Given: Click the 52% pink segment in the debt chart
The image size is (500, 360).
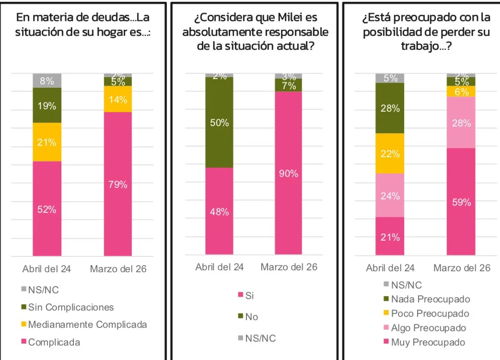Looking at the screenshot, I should pyautogui.click(x=47, y=209).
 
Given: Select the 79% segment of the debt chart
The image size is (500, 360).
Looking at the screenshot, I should pyautogui.click(x=118, y=184).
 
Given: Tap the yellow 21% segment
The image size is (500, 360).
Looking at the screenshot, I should pyautogui.click(x=47, y=142).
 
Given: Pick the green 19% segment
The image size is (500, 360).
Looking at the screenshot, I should pyautogui.click(x=47, y=105).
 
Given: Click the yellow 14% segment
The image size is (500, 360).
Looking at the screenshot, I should pyautogui.click(x=118, y=99).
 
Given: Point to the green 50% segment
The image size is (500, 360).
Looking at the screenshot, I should pyautogui.click(x=219, y=122).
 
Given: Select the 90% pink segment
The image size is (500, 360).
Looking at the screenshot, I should pyautogui.click(x=289, y=173).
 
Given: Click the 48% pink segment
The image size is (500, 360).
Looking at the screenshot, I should pyautogui.click(x=219, y=211).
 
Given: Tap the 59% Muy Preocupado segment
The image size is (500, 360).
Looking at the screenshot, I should pyautogui.click(x=461, y=202).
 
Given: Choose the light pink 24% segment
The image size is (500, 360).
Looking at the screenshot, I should pyautogui.click(x=390, y=195).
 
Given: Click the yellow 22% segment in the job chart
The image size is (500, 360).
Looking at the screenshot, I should pyautogui.click(x=390, y=153).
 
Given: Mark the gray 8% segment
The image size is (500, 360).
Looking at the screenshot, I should pyautogui.click(x=47, y=81).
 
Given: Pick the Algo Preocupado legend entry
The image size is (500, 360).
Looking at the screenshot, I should pyautogui.click(x=428, y=328).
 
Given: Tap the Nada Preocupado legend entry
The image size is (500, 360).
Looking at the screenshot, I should pyautogui.click(x=430, y=299).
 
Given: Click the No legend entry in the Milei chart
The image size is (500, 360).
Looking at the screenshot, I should pyautogui.click(x=252, y=317).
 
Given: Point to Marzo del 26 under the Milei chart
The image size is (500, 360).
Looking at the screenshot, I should pyautogui.click(x=289, y=267).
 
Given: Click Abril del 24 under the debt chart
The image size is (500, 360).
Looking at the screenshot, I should pyautogui.click(x=47, y=269).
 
